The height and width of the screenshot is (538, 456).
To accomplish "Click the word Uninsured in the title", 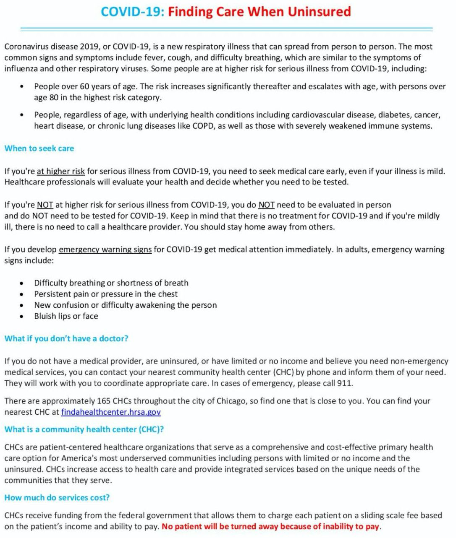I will tap(319, 11).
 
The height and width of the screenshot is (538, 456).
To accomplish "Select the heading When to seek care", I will tap(39, 148).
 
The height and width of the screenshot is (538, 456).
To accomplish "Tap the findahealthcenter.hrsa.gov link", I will tap(111, 412).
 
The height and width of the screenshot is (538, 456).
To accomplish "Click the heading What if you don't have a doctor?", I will tap(66, 338).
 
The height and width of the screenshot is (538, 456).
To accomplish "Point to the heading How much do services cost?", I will tap(57, 498).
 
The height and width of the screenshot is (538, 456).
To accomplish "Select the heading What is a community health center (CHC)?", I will tap(84, 429).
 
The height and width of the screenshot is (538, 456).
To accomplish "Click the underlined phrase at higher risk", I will tap(61, 171).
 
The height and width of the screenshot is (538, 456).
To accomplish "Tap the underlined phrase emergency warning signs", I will tap(105, 250).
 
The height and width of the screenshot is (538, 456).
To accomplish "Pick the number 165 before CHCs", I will tap(104, 401).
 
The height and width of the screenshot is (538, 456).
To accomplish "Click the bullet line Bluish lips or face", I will tap(66, 316).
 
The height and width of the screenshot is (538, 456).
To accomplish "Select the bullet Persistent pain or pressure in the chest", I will tap(106, 294).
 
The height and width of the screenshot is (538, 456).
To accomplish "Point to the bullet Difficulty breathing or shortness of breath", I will tap(111, 283).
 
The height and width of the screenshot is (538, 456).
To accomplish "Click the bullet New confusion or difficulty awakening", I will tap(126, 305).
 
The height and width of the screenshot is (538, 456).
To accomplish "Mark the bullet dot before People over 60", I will tap(21, 87).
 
